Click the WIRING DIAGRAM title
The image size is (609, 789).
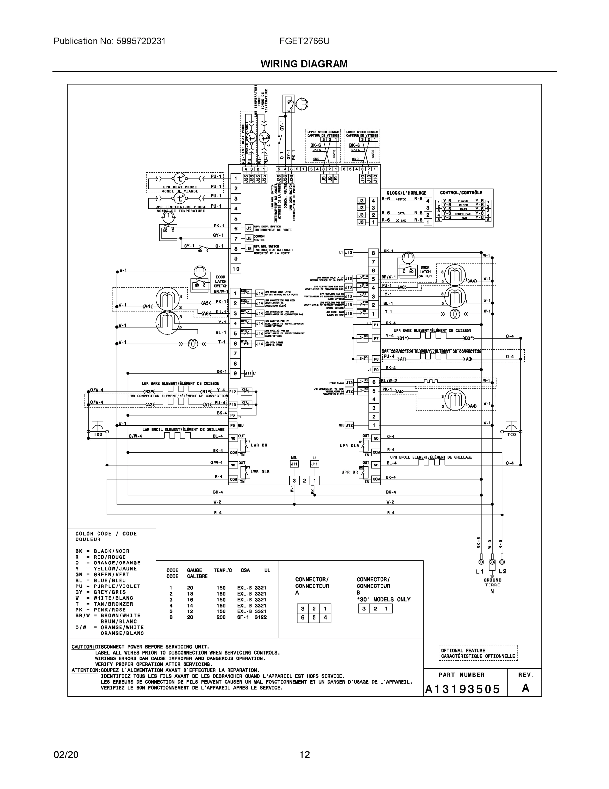click(304, 64)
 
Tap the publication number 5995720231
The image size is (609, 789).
click(141, 41)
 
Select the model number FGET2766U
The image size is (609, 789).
click(304, 41)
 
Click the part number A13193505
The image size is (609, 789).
click(463, 689)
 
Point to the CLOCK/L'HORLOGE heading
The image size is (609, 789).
click(406, 193)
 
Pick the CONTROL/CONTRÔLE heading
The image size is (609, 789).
click(461, 193)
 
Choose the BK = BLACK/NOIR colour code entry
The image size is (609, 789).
click(102, 551)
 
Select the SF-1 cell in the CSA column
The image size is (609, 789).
click(242, 617)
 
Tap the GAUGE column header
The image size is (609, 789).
click(194, 570)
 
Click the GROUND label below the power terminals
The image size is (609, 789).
click(492, 580)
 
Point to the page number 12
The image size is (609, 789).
click(305, 755)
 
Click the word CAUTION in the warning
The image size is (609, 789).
click(83, 647)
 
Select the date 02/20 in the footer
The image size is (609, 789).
click(66, 755)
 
